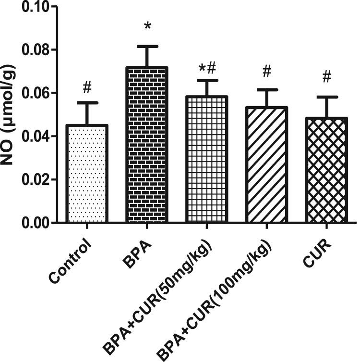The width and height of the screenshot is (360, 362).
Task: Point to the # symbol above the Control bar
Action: click(x=87, y=87)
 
